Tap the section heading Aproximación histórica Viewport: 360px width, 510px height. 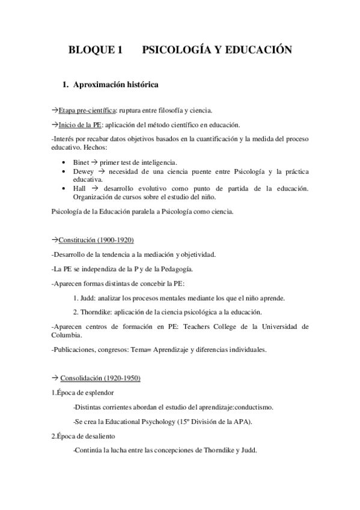[x=116, y=86]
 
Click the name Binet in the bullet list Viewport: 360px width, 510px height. [x=81, y=162]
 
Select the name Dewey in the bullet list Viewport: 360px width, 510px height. [x=83, y=171]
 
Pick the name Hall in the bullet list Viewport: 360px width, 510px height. [x=79, y=188]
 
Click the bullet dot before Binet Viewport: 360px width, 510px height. [x=65, y=163]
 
